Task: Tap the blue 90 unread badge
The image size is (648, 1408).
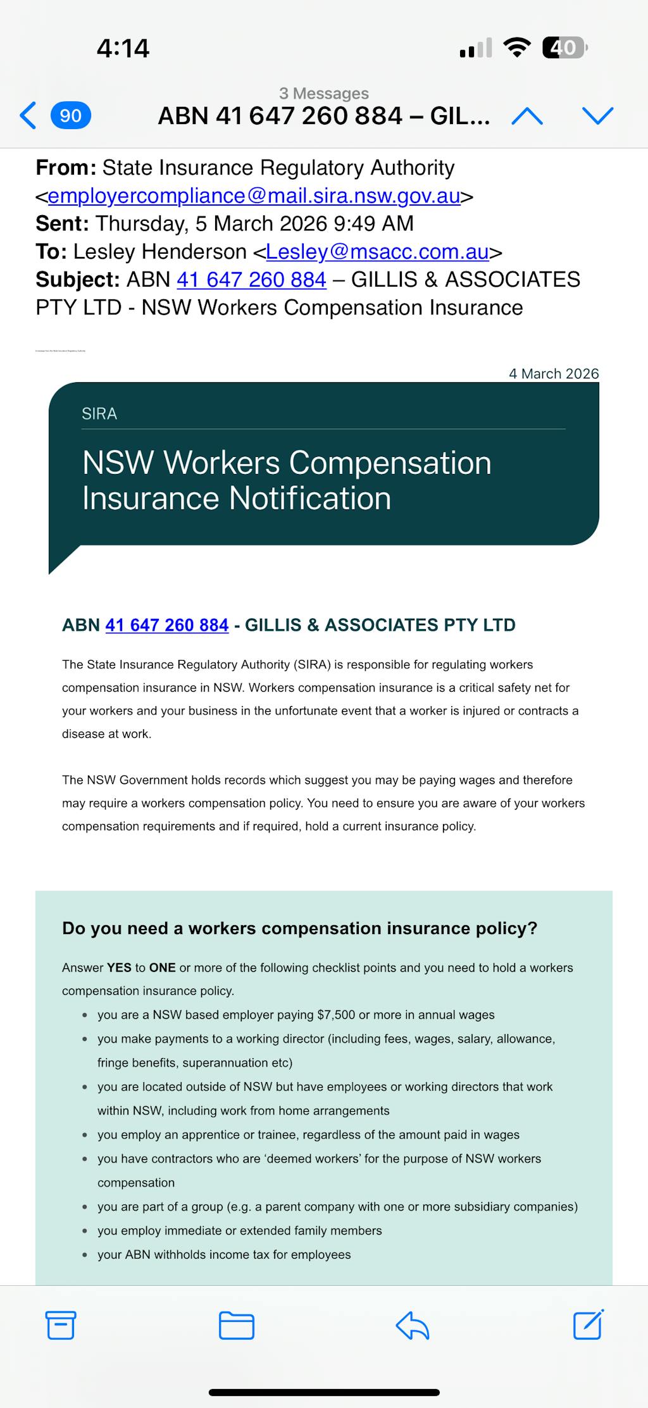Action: pos(70,115)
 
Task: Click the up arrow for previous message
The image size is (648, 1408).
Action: pos(527,116)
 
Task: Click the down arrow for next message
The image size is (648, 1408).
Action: pos(597,116)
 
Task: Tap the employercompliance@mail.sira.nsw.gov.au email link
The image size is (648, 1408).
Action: pos(254,196)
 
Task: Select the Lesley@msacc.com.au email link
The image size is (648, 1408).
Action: pos(377,251)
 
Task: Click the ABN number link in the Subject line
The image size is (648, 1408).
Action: pos(251,279)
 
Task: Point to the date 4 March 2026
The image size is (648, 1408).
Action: pos(554,373)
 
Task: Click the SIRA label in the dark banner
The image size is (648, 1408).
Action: pos(99,414)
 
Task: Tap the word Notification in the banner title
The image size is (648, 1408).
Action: pos(310,498)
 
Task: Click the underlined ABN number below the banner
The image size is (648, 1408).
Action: pos(166,625)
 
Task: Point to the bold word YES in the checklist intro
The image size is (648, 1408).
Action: pos(119,968)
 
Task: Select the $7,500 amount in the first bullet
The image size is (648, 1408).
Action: pos(336,1015)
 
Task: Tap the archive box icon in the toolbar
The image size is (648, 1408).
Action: pos(61,1325)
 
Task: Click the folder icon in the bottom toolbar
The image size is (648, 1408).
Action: pos(236,1325)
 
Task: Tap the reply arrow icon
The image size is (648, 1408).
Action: pos(413,1325)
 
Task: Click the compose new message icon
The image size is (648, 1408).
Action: pos(588,1324)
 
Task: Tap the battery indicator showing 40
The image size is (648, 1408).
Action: pos(564,47)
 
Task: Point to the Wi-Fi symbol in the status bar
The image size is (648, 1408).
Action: pos(517,47)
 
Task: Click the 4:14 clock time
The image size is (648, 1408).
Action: pos(123,48)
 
